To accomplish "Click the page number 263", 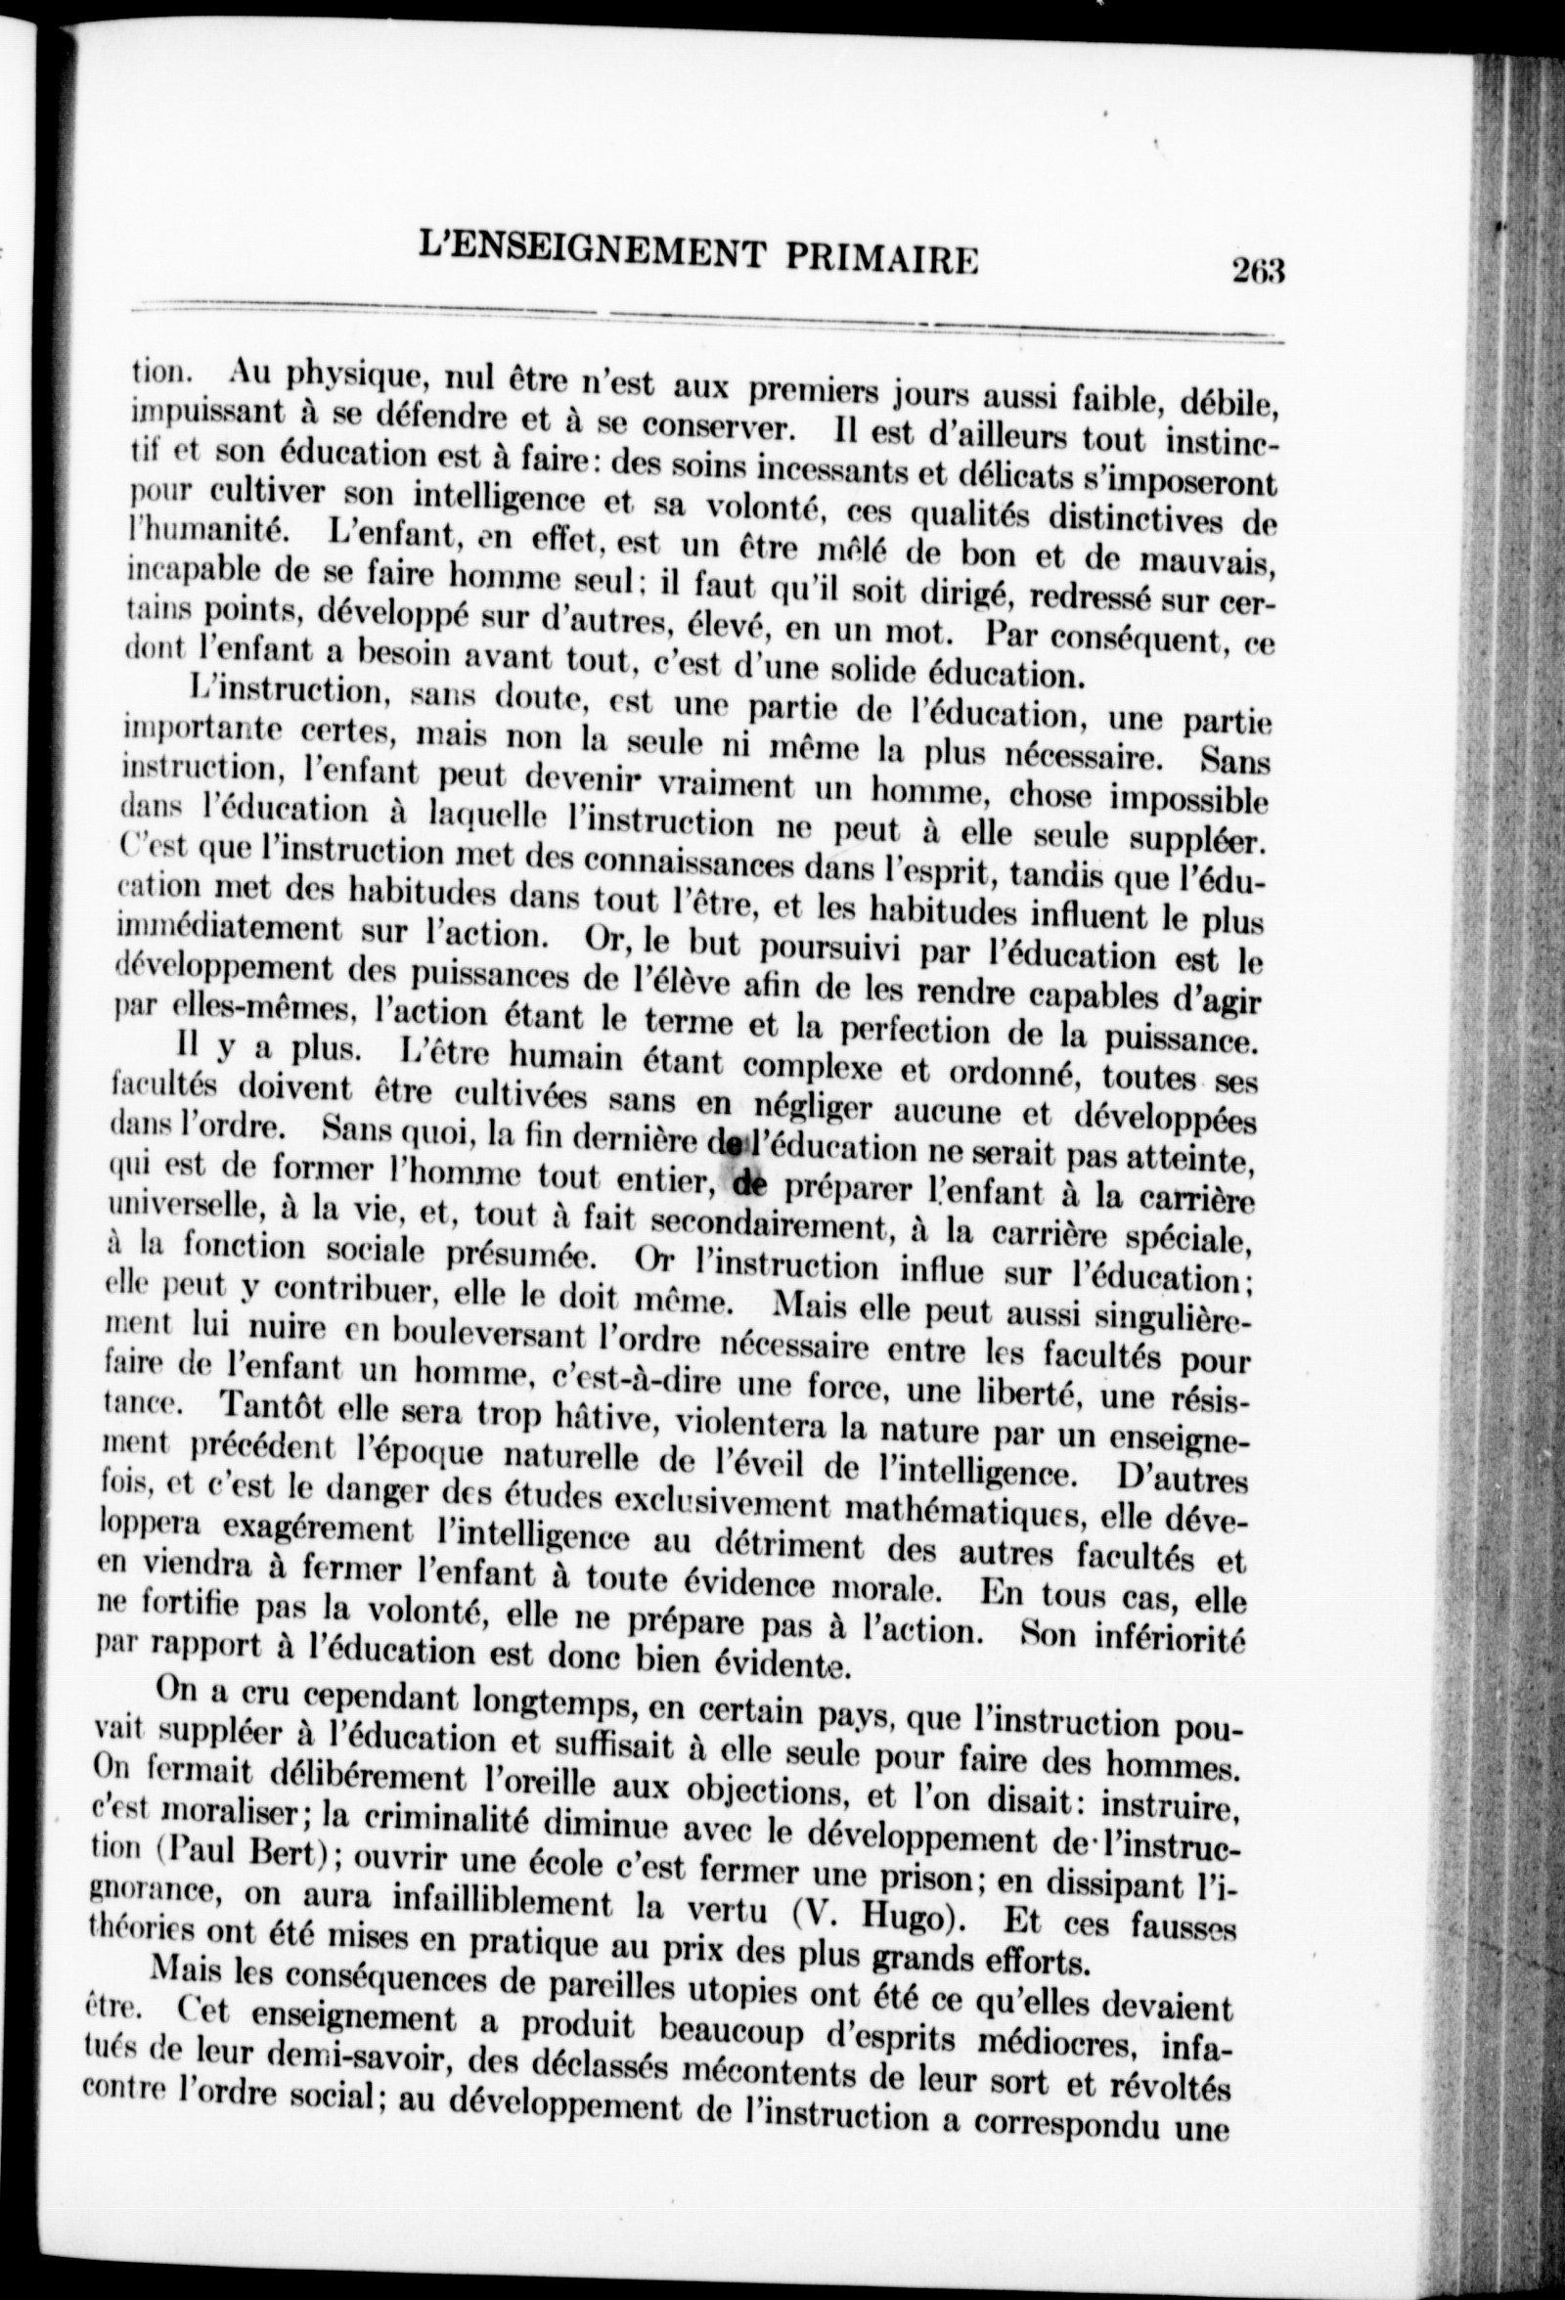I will (x=1256, y=269).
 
